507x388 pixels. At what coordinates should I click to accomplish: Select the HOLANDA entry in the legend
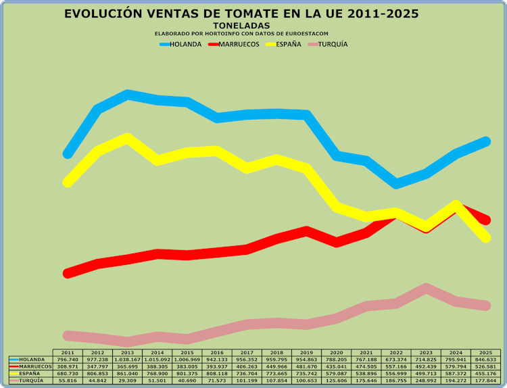(181, 44)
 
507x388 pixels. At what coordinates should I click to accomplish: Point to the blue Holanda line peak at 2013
(127, 95)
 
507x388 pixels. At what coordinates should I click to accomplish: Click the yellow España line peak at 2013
(127, 138)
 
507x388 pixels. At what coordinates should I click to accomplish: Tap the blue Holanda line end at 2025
(485, 141)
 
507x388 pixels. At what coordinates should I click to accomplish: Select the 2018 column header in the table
(276, 353)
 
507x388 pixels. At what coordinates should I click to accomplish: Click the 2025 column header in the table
(485, 353)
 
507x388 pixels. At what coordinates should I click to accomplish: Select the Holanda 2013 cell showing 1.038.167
(127, 360)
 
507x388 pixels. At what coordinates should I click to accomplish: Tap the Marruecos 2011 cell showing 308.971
(68, 366)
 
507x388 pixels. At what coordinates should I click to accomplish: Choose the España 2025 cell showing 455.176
(485, 373)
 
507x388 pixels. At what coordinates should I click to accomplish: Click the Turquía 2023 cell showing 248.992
(426, 381)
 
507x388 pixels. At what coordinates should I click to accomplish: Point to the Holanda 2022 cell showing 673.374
(396, 360)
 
